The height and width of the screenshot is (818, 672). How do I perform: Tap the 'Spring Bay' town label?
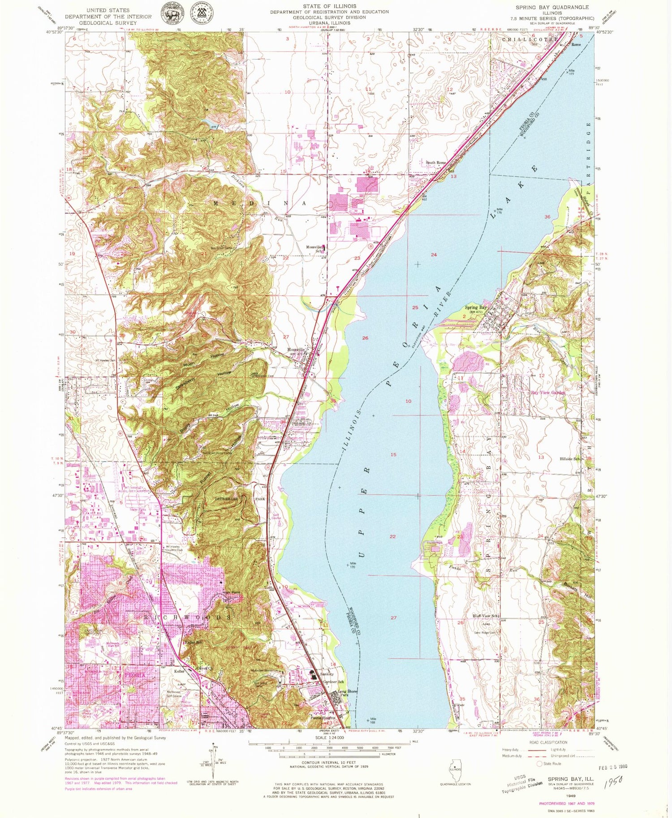pyautogui.click(x=475, y=308)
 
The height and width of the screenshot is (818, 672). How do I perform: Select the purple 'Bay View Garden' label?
pyautogui.click(x=548, y=392)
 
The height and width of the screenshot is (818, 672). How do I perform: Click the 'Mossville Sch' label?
pyautogui.click(x=314, y=248)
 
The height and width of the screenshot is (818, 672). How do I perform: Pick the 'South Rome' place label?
pyautogui.click(x=435, y=163)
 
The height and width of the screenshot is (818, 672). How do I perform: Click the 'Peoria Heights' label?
pyautogui.click(x=323, y=717)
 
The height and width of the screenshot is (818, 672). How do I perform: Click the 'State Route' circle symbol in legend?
pyautogui.click(x=540, y=763)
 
